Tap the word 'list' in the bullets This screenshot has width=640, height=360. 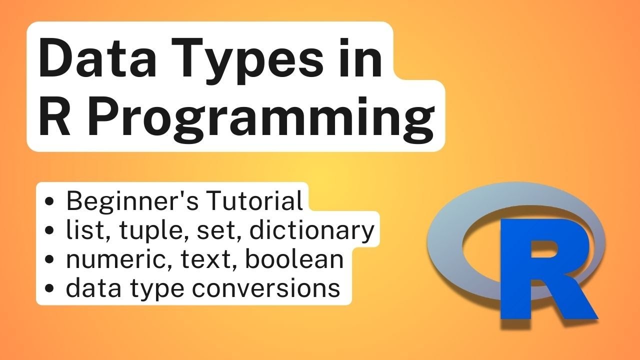(x=78, y=230)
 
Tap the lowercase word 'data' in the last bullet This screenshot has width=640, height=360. (x=88, y=288)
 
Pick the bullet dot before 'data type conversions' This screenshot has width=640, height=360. (x=49, y=289)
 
